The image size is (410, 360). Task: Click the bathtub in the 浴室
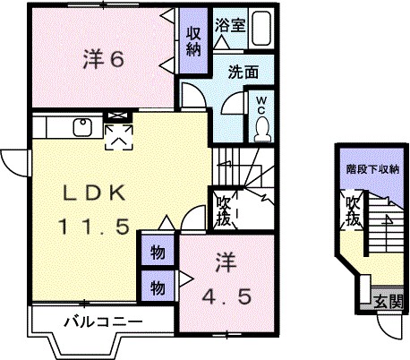pyautogui.click(x=261, y=30)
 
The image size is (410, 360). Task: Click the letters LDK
pyautogui.click(x=87, y=193)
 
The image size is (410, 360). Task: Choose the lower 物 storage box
pyautogui.click(x=157, y=287)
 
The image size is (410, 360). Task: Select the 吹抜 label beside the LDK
pyautogui.click(x=224, y=212)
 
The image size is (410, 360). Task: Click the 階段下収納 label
pyautogui.click(x=372, y=168)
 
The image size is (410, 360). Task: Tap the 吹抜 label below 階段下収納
pyautogui.click(x=353, y=210)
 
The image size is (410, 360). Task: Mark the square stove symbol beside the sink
pyautogui.click(x=116, y=133)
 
